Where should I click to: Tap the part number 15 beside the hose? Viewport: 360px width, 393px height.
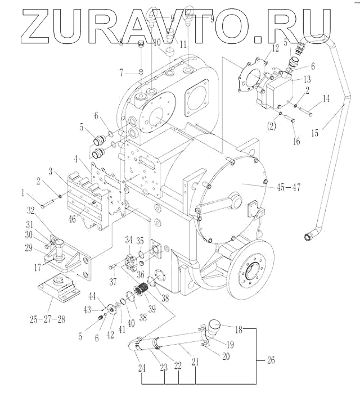pyautogui.click(x=315, y=133)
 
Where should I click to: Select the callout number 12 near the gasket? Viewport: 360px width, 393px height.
pyautogui.click(x=275, y=49)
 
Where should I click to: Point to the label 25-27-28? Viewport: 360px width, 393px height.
pyautogui.click(x=47, y=319)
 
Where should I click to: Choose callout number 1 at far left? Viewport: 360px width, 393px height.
pyautogui.click(x=23, y=193)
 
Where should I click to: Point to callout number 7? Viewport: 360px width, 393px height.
pyautogui.click(x=120, y=72)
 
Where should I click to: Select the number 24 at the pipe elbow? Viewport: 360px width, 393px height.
pyautogui.click(x=141, y=369)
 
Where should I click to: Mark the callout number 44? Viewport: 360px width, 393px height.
pyautogui.click(x=93, y=296)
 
